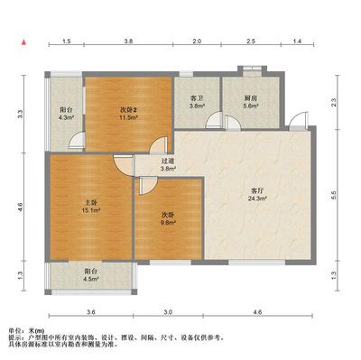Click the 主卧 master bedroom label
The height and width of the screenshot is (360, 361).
click(x=91, y=202)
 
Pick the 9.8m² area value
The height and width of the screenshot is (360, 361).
click(x=169, y=223)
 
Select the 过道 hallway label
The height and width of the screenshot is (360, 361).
click(x=168, y=162)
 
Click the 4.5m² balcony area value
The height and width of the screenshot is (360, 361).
click(x=91, y=279)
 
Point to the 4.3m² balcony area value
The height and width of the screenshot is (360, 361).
click(x=66, y=117)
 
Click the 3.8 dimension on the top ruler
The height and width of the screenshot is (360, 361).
click(x=128, y=42)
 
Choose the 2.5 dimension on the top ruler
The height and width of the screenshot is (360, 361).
click(x=251, y=42)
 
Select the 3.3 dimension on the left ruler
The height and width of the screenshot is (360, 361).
click(x=20, y=114)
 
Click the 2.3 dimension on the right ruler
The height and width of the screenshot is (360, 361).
click(x=333, y=103)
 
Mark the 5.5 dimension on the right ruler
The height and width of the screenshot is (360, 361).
click(x=333, y=196)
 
